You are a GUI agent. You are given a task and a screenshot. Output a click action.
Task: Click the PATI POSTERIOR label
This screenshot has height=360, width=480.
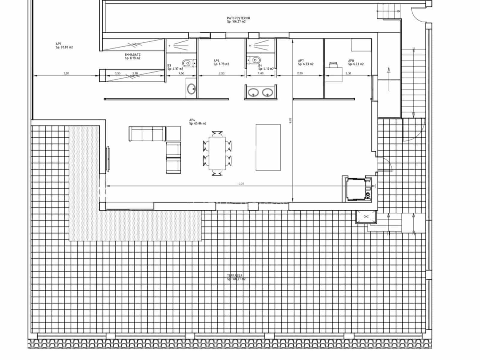pyautogui.click(x=238, y=20)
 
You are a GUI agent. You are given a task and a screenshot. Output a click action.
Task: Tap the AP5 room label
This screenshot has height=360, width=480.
pyautogui.click(x=64, y=46)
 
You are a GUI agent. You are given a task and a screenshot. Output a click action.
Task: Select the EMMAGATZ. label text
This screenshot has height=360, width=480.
pyautogui.click(x=133, y=56)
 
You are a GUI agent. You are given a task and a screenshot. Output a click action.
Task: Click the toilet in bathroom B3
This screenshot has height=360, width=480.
pyautogui.click(x=187, y=63)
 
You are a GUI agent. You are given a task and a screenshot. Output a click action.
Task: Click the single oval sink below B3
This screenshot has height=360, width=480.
pyautogui.click(x=191, y=88)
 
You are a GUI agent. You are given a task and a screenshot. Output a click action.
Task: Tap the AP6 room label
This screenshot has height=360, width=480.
pyautogui.click(x=221, y=62)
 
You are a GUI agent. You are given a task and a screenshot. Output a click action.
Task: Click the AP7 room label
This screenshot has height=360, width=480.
pyautogui.click(x=305, y=62)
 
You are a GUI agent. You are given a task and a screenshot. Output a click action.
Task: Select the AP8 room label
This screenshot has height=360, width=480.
pyautogui.click(x=355, y=62)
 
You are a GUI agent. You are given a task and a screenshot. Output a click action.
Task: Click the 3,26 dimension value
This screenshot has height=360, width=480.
pyautogui.click(x=66, y=73)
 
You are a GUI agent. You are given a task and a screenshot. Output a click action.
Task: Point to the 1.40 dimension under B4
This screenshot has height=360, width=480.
pyautogui.click(x=260, y=73)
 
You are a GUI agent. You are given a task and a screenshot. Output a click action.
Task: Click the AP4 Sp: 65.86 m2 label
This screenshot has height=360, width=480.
pyautogui.click(x=197, y=121)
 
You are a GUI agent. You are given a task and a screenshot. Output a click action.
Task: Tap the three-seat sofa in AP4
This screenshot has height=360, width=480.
pyautogui.click(x=147, y=133)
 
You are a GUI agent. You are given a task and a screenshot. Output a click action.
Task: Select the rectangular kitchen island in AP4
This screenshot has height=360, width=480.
pyautogui.click(x=268, y=147)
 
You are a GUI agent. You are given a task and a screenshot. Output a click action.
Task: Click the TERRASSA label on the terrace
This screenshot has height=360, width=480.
pyautogui.click(x=236, y=277)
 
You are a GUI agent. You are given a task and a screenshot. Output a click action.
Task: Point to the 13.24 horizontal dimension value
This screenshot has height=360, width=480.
pyautogui.click(x=240, y=184)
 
